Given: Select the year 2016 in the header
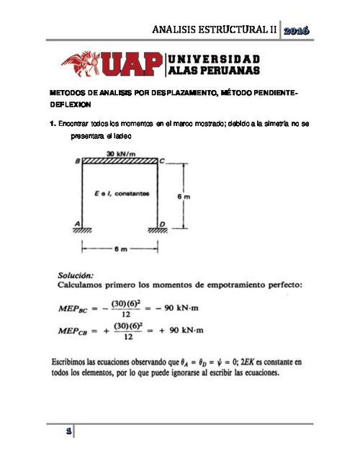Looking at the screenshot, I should pos(296,30).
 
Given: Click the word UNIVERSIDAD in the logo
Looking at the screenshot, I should pos(215,58).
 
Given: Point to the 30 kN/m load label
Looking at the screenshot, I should pos(120,153).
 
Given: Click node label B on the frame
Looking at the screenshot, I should pos(77,162).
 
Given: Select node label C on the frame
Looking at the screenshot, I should pos(163,162).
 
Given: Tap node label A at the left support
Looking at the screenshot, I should pos(77,223).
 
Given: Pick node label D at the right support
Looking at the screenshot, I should pos(163,224).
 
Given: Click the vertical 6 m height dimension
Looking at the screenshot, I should pos(184,195).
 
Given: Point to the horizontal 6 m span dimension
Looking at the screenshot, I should pos(120,249).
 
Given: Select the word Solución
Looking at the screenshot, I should pos(75,274).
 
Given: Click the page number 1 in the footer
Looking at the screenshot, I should pos(68,432).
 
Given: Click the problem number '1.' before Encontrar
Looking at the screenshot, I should pos(53,125).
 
